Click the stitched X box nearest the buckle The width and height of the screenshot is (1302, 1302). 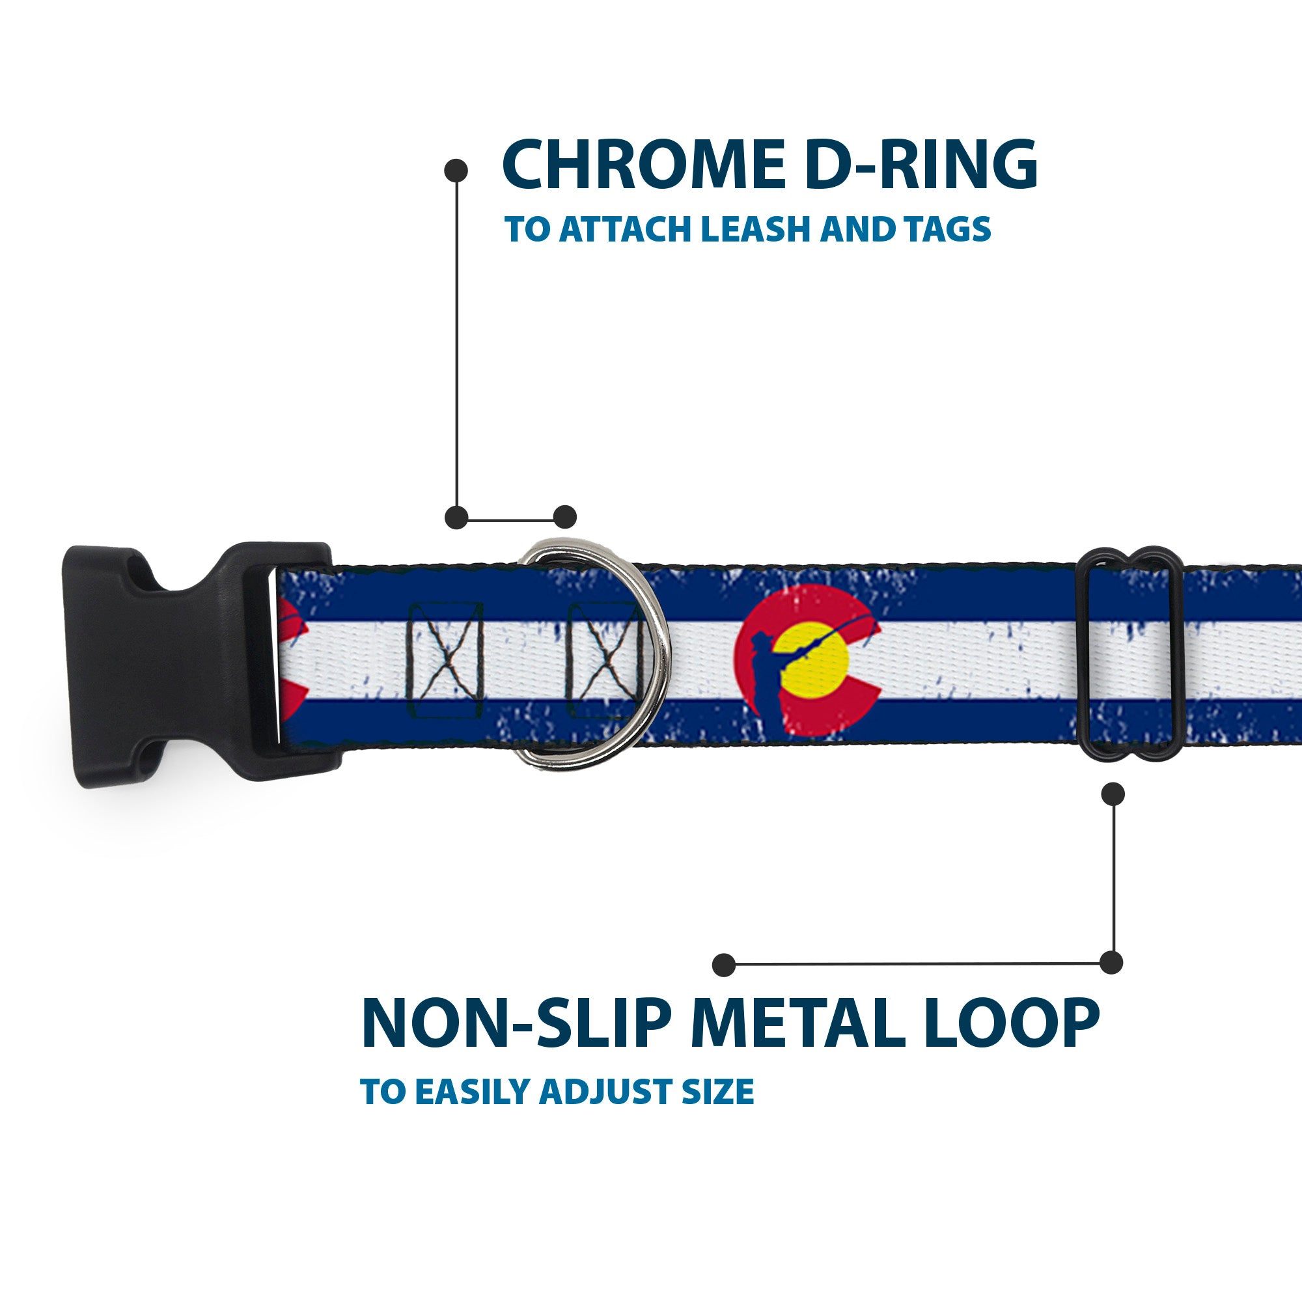point(445,659)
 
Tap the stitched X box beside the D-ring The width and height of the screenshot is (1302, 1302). point(603,659)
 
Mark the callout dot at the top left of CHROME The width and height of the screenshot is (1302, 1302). point(456,170)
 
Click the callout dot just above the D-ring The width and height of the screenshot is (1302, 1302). point(564,517)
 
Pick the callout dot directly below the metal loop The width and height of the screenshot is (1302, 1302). point(1113,794)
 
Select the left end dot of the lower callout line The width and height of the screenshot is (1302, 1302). point(724,964)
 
